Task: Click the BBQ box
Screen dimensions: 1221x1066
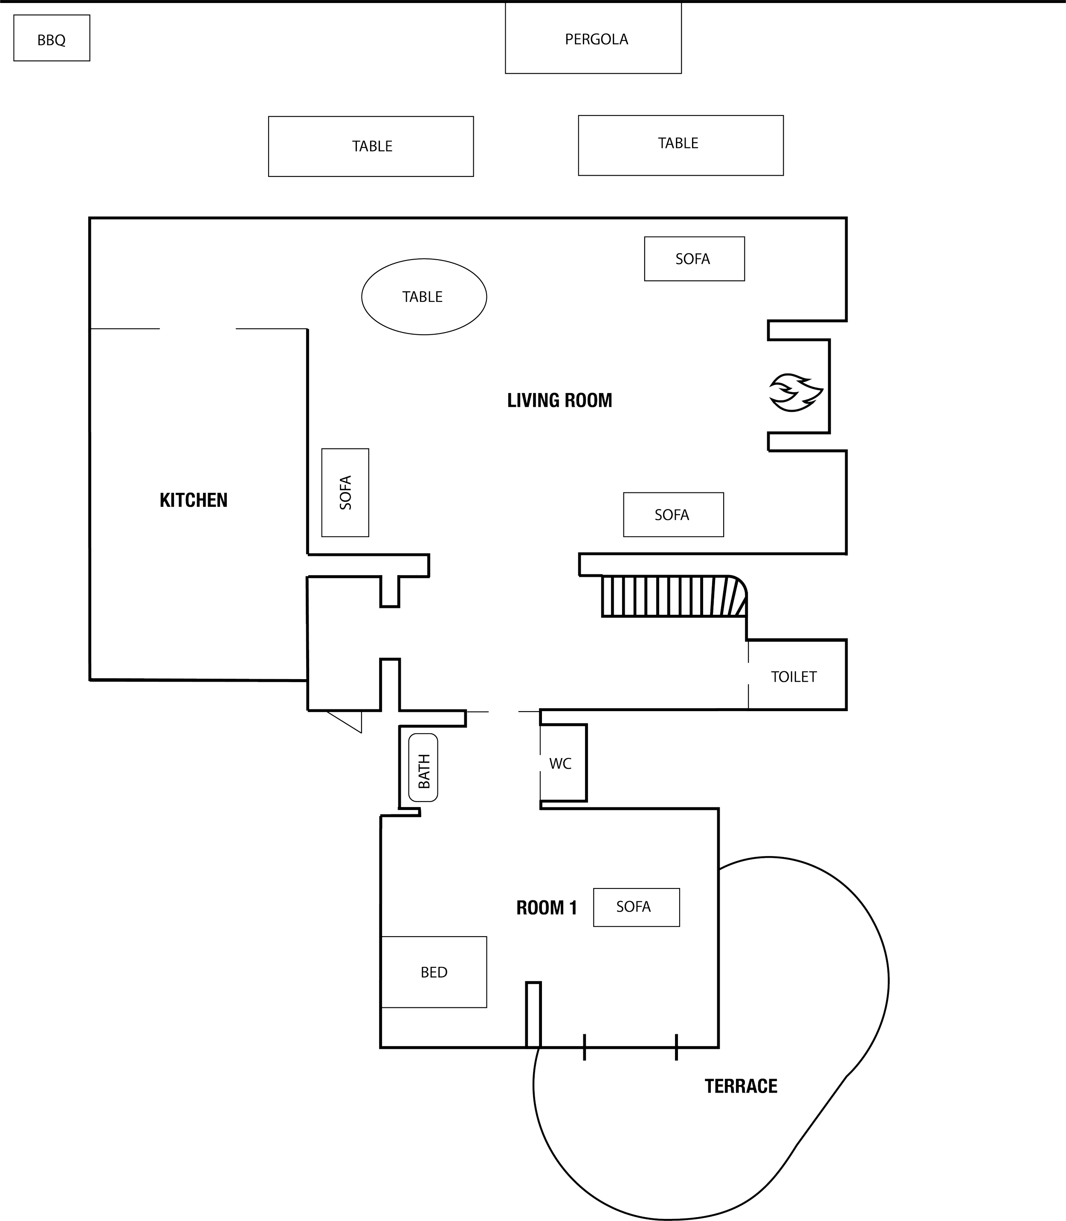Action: [x=52, y=38]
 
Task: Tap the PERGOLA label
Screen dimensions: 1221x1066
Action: [x=596, y=39]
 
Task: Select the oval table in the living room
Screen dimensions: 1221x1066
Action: [x=423, y=296]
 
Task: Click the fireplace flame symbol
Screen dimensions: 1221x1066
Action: [x=795, y=392]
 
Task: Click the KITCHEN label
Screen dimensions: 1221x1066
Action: [x=193, y=500]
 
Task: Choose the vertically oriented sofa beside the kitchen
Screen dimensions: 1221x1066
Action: [x=345, y=492]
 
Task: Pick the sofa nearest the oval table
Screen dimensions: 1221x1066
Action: [x=694, y=259]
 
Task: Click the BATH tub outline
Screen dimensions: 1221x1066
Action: [x=423, y=767]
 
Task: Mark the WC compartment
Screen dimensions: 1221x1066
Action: [x=562, y=763]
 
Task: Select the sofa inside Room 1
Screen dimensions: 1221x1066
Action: [x=636, y=907]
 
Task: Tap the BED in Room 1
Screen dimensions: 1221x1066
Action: [x=434, y=972]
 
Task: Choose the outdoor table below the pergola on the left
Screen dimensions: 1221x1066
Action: [x=371, y=146]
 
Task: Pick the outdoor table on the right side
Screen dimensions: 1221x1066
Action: [x=680, y=145]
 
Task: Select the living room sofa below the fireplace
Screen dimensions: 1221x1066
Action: [x=673, y=515]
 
